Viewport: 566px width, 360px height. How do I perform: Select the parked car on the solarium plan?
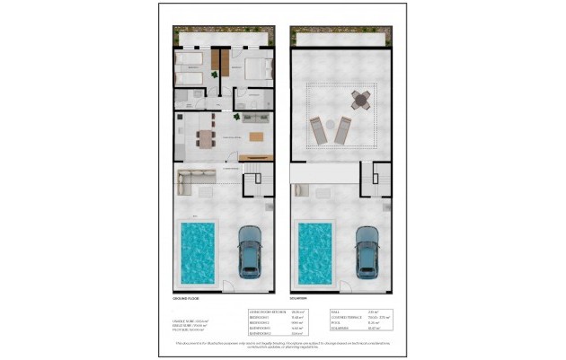pyautogui.click(x=367, y=250)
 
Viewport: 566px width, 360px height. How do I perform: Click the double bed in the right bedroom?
pyautogui.click(x=259, y=68)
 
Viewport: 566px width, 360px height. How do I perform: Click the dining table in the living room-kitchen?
pyautogui.click(x=207, y=137)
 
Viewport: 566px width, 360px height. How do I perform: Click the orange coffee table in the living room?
pyautogui.click(x=257, y=137)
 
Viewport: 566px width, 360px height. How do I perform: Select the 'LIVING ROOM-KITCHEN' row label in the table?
pyautogui.click(x=263, y=312)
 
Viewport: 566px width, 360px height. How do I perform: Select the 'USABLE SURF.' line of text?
pyautogui.click(x=185, y=320)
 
